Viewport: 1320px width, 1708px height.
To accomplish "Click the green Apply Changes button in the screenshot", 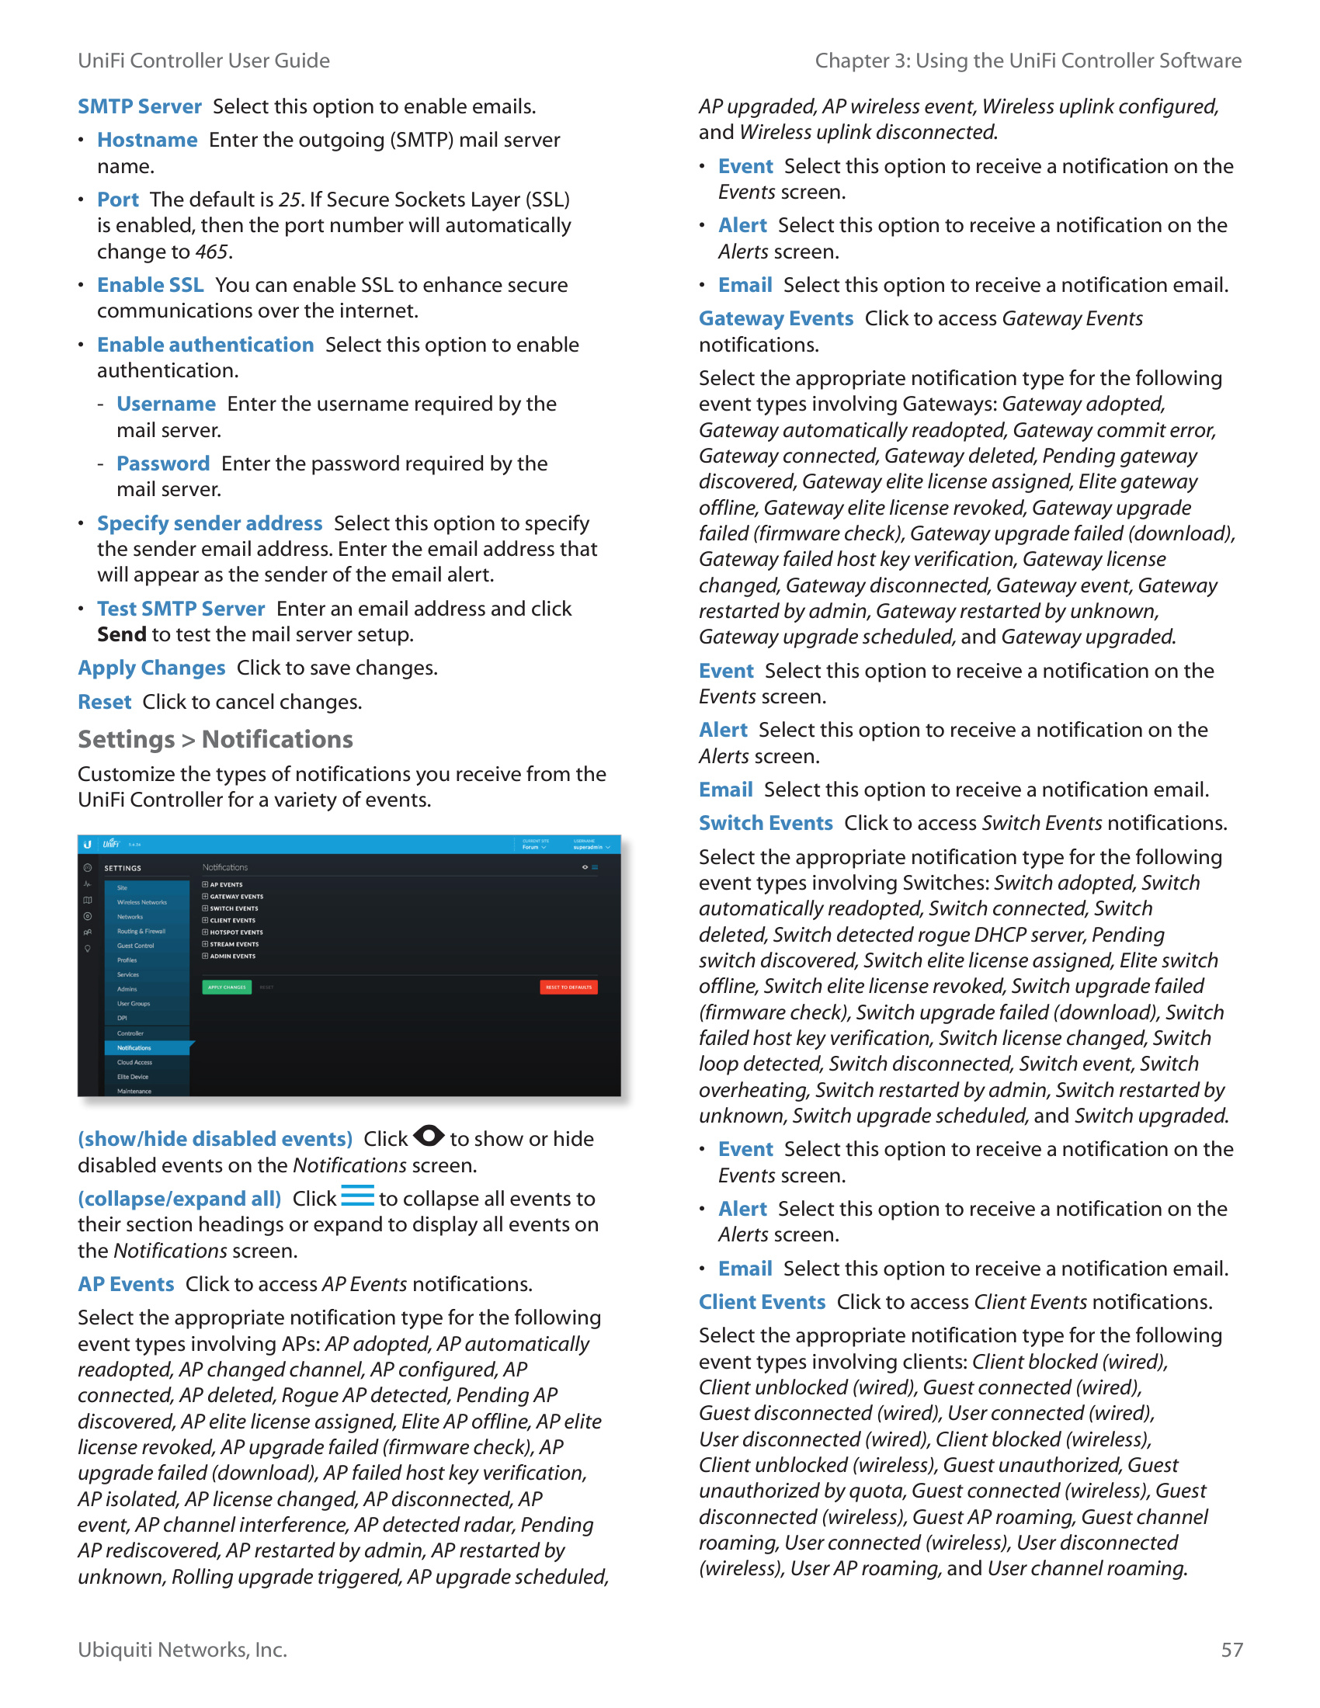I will [227, 987].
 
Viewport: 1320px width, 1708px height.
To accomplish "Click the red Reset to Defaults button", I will [568, 987].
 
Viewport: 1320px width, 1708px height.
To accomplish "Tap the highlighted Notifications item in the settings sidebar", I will [134, 1048].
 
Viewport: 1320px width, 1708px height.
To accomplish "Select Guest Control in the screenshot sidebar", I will [136, 946].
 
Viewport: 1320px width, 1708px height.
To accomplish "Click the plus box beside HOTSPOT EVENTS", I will [206, 932].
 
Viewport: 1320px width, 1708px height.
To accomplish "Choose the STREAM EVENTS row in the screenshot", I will [234, 944].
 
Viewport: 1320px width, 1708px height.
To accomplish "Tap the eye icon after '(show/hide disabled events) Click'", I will [429, 1136].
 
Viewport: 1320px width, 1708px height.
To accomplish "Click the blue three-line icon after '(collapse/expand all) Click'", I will [357, 1196].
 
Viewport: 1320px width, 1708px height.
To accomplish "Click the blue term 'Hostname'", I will [147, 140].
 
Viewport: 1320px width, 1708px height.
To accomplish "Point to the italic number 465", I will [212, 252].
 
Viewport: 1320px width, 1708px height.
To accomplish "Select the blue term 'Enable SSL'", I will [150, 286].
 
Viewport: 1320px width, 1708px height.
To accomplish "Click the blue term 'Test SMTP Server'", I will [181, 609].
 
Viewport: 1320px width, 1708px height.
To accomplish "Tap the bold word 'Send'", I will [121, 634].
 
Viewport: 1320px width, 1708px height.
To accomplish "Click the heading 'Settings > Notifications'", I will [215, 739].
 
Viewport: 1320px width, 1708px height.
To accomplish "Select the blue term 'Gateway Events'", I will [776, 318].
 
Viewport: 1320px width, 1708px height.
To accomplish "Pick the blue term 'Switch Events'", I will [766, 823].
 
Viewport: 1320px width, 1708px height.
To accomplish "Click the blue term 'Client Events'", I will [762, 1302].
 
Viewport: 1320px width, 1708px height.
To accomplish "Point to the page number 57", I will [1231, 1649].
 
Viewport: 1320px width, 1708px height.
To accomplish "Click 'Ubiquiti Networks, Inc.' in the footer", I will [182, 1649].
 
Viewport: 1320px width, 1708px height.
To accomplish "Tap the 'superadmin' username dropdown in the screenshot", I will [591, 847].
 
